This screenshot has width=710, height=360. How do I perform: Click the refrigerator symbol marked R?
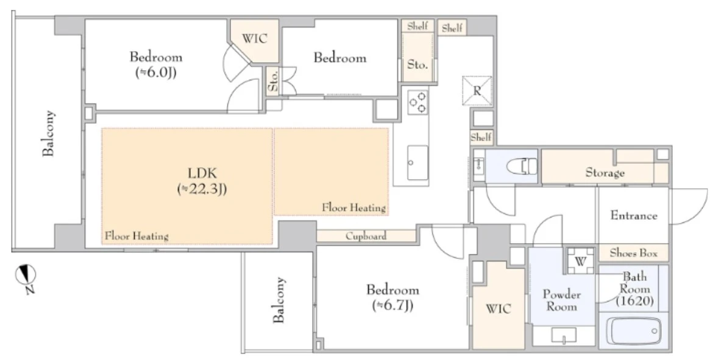click(477, 89)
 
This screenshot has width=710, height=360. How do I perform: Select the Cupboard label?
click(366, 236)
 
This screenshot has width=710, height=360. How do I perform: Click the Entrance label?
click(634, 216)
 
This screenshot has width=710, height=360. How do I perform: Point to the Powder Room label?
click(561, 300)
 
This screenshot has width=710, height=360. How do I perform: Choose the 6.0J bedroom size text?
click(156, 72)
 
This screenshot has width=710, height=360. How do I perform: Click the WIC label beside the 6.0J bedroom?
click(254, 38)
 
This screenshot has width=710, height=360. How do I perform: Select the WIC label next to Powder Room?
click(499, 309)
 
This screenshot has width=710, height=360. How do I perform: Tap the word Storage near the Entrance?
click(605, 173)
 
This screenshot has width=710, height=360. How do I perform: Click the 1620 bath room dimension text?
click(634, 301)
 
